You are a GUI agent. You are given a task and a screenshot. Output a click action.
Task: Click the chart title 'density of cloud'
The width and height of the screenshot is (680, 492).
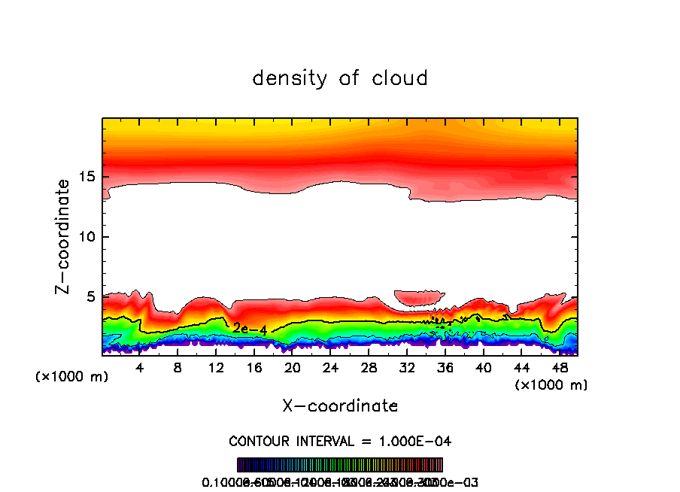click(x=340, y=78)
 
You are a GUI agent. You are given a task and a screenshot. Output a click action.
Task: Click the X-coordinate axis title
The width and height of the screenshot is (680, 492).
click(x=340, y=406)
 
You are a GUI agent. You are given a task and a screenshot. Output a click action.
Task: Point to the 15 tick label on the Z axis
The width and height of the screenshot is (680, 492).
click(x=85, y=178)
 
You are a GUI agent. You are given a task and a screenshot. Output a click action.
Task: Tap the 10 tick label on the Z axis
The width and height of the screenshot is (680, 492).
click(x=85, y=237)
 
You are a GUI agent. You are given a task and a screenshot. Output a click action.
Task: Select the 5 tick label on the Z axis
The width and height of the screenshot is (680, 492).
click(x=89, y=297)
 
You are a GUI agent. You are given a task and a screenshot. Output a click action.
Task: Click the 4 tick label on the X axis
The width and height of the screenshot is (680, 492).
click(x=139, y=368)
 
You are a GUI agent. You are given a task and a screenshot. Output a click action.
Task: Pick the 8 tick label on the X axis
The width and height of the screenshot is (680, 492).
click(x=178, y=368)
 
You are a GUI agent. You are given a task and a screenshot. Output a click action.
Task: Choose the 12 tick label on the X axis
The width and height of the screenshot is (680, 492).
click(x=216, y=368)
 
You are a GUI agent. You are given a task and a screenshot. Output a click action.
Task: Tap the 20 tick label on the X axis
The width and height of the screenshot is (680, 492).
click(x=292, y=368)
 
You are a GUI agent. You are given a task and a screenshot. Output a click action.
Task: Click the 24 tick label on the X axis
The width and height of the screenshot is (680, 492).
click(x=330, y=368)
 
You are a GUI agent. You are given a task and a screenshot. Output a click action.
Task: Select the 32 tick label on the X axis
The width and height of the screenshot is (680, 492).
click(x=407, y=368)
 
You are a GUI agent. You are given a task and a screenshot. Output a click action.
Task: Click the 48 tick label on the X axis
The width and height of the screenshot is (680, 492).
click(x=560, y=368)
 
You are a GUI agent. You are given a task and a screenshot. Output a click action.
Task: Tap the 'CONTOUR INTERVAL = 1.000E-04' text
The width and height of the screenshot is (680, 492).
click(x=340, y=441)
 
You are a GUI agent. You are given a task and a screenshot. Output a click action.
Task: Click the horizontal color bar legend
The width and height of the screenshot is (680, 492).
click(x=340, y=465)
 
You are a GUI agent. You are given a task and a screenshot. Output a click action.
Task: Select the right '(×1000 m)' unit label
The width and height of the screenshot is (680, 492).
click(x=551, y=385)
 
